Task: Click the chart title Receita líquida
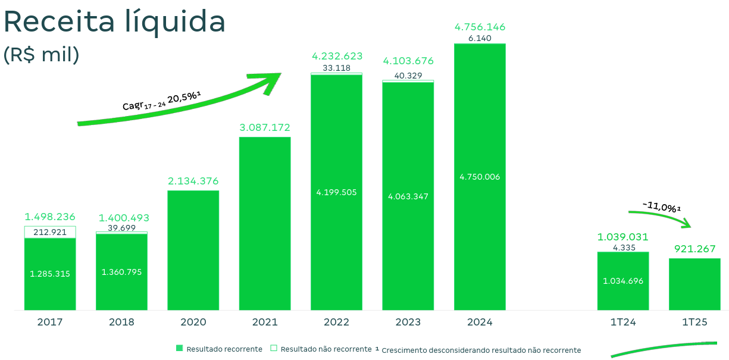pyautogui.click(x=114, y=22)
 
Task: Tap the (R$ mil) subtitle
pyautogui.click(x=42, y=55)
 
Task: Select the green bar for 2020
pyautogui.click(x=193, y=250)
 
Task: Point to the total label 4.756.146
pyautogui.click(x=480, y=27)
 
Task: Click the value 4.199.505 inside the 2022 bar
pyautogui.click(x=336, y=192)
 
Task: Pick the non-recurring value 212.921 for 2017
pyautogui.click(x=50, y=232)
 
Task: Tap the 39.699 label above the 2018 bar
pyautogui.click(x=121, y=228)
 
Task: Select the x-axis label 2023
pyautogui.click(x=408, y=323)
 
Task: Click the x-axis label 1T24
pyautogui.click(x=623, y=323)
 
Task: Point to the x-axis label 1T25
pyautogui.click(x=694, y=323)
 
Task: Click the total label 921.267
pyautogui.click(x=694, y=249)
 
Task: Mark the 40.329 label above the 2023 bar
pyautogui.click(x=408, y=75)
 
